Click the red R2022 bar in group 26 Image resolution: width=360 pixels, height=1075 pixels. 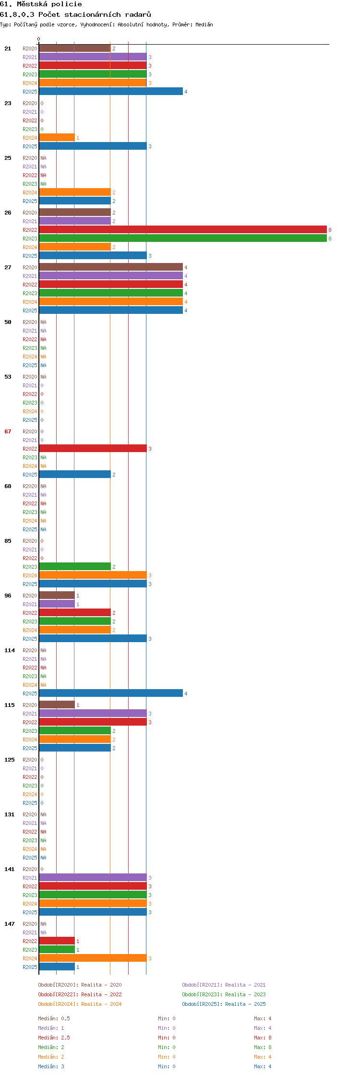pyautogui.click(x=183, y=230)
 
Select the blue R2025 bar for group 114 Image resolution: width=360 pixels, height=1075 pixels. pyautogui.click(x=111, y=693)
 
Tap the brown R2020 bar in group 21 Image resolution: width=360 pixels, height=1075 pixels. pyautogui.click(x=75, y=48)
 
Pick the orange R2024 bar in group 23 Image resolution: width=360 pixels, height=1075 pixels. pyautogui.click(x=57, y=138)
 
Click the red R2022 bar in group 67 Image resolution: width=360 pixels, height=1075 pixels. pyautogui.click(x=93, y=449)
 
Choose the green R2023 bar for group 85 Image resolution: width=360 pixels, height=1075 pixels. pyautogui.click(x=75, y=567)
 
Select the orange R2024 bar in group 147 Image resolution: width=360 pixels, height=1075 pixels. pyautogui.click(x=93, y=958)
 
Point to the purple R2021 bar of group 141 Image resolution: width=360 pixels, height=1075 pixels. pyautogui.click(x=93, y=878)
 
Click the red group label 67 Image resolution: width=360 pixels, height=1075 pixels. pyautogui.click(x=8, y=431)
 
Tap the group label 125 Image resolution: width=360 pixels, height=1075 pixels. pyautogui.click(x=10, y=760)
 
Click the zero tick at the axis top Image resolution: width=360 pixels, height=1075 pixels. pyautogui.click(x=39, y=39)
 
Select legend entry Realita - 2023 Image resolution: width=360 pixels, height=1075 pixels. pyautogui.click(x=224, y=994)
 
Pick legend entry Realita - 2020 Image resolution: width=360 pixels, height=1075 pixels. pyautogui.click(x=80, y=985)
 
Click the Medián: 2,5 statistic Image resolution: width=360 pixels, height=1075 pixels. pyautogui.click(x=54, y=1038)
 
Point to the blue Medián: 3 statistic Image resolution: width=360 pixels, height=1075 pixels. pyautogui.click(x=51, y=1066)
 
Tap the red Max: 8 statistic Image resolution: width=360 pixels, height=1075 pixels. pyautogui.click(x=263, y=1038)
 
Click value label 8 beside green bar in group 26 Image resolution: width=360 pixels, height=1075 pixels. pyautogui.click(x=330, y=239)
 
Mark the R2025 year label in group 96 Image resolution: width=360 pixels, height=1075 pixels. pyautogui.click(x=30, y=639)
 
